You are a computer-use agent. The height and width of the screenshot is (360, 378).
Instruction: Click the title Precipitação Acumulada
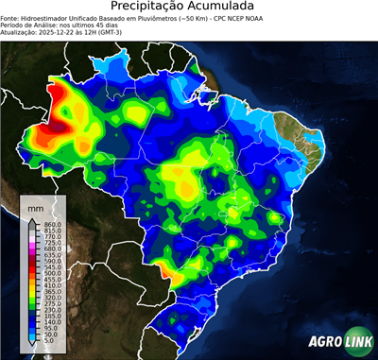coord(189,7)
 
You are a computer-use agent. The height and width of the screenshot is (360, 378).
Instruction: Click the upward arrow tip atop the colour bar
coord(31,218)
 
